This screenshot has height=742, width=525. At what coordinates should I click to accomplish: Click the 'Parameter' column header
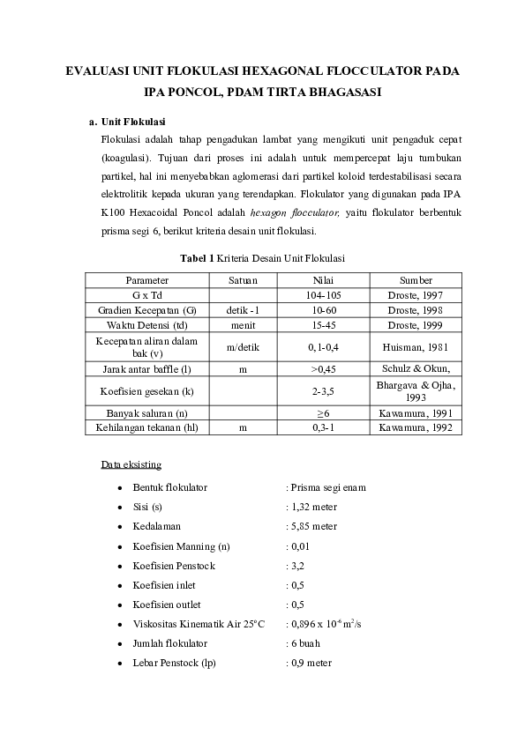point(146,280)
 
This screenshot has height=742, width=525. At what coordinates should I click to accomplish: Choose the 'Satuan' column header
point(242,280)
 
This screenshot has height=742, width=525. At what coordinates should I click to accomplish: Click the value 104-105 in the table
point(323,295)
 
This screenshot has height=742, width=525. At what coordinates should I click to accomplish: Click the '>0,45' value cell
point(323,368)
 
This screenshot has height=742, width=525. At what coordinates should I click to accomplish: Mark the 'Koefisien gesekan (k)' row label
point(146,390)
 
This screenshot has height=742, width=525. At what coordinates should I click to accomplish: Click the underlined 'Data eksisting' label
point(131,464)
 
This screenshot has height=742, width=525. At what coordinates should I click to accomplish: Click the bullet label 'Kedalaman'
point(156,526)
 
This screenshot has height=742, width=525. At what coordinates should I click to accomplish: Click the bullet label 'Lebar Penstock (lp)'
point(175,663)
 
